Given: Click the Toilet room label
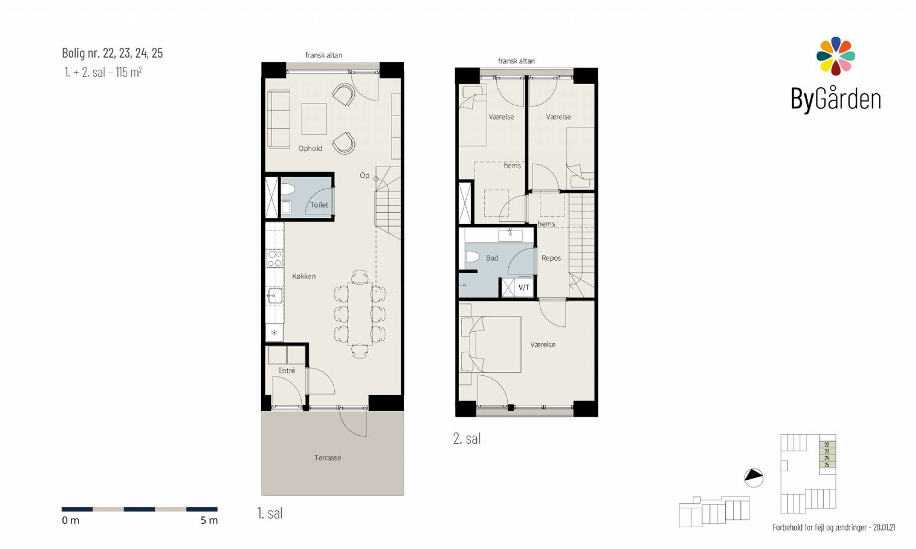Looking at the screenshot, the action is [319, 205].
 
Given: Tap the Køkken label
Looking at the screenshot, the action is [304, 277].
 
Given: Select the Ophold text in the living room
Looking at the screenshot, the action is [310, 149].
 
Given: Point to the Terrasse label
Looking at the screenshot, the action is [327, 458].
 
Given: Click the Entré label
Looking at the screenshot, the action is [286, 371].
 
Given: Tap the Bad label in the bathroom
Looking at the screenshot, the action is [492, 258].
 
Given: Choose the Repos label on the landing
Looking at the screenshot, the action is [551, 258].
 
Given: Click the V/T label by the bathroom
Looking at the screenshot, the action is [524, 288].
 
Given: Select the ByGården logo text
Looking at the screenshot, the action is [835, 100].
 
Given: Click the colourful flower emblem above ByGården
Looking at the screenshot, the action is [835, 56].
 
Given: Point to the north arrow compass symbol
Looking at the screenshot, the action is [753, 477].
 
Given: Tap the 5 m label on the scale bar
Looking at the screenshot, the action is [209, 520].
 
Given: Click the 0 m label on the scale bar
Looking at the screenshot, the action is [70, 520].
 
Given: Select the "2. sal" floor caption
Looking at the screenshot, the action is [467, 439].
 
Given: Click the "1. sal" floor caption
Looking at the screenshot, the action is [270, 514].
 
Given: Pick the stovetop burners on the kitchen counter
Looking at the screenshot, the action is [274, 258].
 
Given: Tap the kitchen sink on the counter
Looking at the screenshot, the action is [275, 296].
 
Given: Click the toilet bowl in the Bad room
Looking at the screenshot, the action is [472, 257].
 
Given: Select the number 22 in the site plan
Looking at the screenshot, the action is [827, 445].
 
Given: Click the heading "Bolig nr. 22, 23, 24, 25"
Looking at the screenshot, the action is [112, 53].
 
